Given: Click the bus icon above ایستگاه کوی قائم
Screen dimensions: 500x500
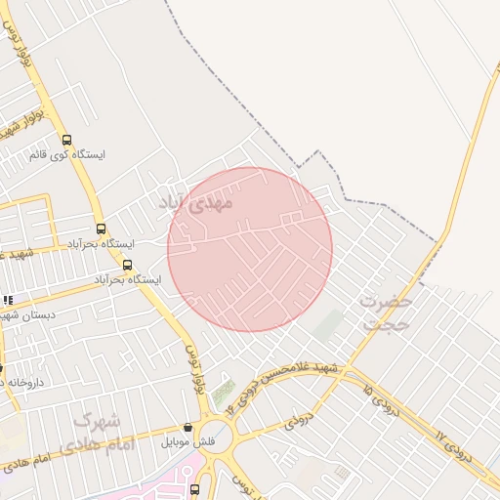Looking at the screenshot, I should (66, 140).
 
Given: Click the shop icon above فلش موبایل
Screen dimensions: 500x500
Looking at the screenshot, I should (188, 427).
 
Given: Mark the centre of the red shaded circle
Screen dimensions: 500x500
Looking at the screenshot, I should (250, 249).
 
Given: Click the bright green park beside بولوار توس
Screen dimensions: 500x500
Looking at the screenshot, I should (224, 393).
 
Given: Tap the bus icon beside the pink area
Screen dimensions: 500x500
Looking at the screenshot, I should (194, 488).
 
